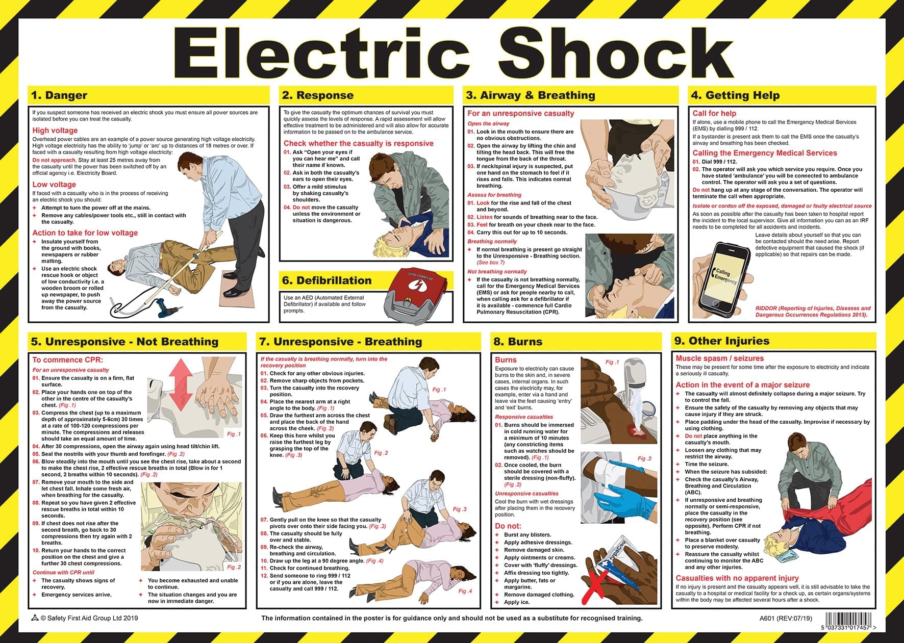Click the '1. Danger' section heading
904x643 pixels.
pyautogui.click(x=59, y=95)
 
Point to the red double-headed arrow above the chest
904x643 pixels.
pyautogui.click(x=181, y=383)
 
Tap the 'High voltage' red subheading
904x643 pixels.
pyautogui.click(x=55, y=131)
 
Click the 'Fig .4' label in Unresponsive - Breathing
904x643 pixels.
pyautogui.click(x=465, y=591)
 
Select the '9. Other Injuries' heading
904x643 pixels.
pyautogui.click(x=722, y=341)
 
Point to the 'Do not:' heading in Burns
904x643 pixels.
pyautogui.click(x=508, y=526)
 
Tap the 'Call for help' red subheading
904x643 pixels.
pyautogui.click(x=714, y=113)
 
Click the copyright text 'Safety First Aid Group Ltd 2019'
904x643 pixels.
pyautogui.click(x=89, y=618)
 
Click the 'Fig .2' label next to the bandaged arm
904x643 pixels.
pyautogui.click(x=645, y=458)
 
